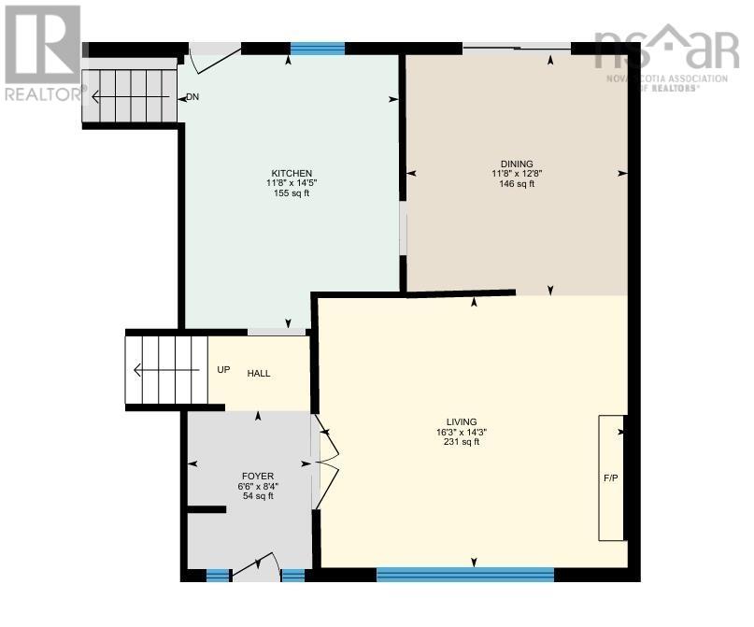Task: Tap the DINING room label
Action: (516, 164)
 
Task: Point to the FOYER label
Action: (258, 476)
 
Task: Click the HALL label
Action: (259, 374)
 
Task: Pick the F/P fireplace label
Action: (612, 478)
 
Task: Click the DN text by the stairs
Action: (192, 97)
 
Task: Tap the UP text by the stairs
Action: (223, 370)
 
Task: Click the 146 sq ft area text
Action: (516, 184)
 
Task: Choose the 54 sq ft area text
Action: (258, 496)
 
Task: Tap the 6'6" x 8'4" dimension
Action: (258, 486)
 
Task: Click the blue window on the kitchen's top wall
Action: (318, 49)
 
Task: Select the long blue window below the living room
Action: (464, 575)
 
